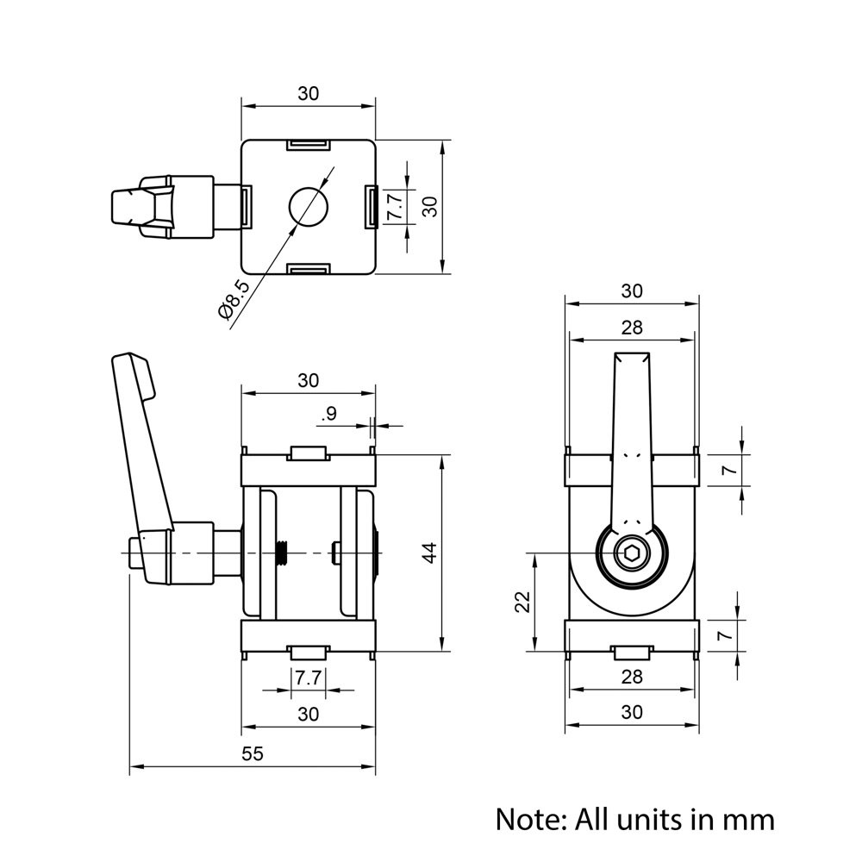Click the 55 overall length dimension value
(x=251, y=754)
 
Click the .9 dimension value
(x=328, y=415)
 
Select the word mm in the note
(x=747, y=819)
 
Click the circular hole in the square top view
(x=308, y=207)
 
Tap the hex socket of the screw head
(x=632, y=556)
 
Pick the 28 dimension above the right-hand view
(x=632, y=328)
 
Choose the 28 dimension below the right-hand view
(x=632, y=678)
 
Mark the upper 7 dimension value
(x=727, y=470)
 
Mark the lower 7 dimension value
(x=727, y=635)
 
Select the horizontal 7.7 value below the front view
(x=308, y=678)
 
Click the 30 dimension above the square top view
(x=308, y=94)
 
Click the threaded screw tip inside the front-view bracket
(x=282, y=553)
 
